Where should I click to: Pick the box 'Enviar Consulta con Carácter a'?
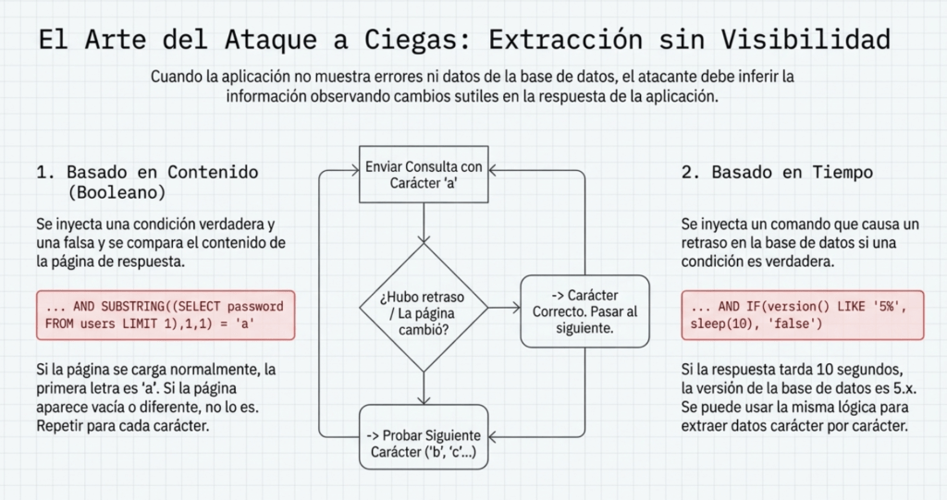click(x=424, y=176)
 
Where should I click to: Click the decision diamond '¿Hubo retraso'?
click(x=424, y=307)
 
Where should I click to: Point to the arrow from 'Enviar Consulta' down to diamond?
click(x=424, y=223)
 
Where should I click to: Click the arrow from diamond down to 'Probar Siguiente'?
click(x=424, y=387)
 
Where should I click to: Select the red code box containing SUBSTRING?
click(x=166, y=314)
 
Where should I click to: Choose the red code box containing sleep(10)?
click(x=803, y=314)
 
